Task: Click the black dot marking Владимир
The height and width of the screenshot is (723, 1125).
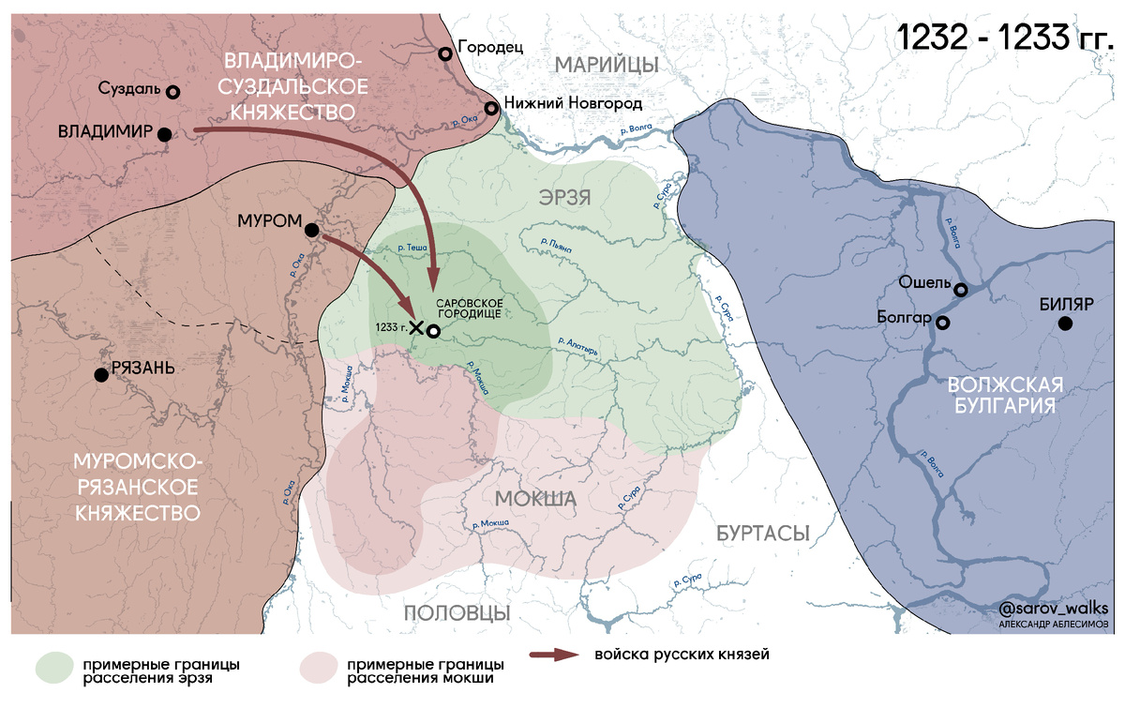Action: click(x=165, y=134)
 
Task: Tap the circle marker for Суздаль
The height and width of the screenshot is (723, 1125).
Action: click(x=172, y=92)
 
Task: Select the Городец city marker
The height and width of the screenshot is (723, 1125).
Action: click(x=446, y=53)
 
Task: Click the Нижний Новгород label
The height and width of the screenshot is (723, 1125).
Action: click(x=573, y=102)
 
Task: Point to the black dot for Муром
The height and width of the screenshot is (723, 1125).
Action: click(x=312, y=230)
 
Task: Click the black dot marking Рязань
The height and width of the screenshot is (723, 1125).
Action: click(x=100, y=374)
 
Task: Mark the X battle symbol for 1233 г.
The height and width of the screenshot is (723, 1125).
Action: click(x=416, y=327)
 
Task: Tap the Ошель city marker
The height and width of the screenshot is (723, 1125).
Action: click(x=961, y=290)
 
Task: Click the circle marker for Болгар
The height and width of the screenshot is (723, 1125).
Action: click(x=943, y=323)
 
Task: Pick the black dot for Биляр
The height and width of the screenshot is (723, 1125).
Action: click(x=1065, y=324)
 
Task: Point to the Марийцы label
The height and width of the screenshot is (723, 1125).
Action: click(x=606, y=64)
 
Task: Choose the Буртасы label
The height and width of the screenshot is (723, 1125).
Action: click(x=762, y=533)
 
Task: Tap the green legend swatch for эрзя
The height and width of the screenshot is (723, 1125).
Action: click(x=53, y=667)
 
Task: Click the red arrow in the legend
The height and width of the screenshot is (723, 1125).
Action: click(x=554, y=655)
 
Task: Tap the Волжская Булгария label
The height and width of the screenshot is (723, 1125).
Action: click(x=1004, y=396)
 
